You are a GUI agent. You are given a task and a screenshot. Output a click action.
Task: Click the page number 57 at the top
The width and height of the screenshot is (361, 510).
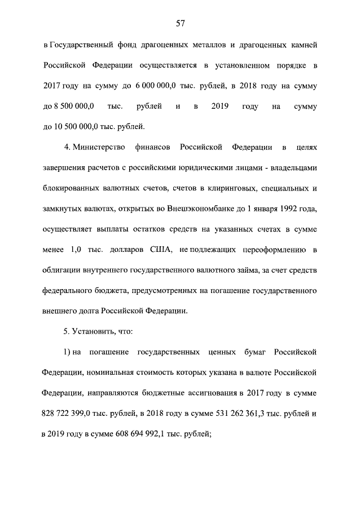click(180, 24)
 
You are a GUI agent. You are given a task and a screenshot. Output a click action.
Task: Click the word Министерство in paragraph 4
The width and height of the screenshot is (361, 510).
click(97, 147)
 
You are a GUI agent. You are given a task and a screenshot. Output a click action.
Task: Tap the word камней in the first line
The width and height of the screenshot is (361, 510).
click(303, 45)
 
